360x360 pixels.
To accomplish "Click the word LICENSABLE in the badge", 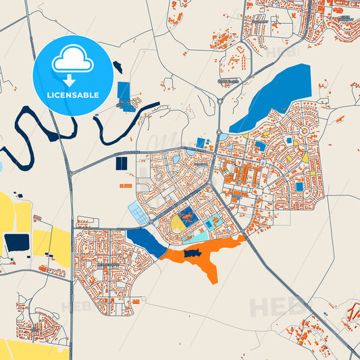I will pos(73,95).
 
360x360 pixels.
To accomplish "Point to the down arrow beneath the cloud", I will pos(73,80).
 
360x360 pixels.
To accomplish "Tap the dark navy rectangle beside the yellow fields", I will pos(16,242).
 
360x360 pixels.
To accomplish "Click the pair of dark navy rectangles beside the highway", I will pos(122,163).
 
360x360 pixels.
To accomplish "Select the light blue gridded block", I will pos(139,212).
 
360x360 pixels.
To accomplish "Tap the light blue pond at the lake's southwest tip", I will pos(223,137).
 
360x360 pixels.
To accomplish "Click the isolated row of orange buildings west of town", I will pos(126,184).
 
